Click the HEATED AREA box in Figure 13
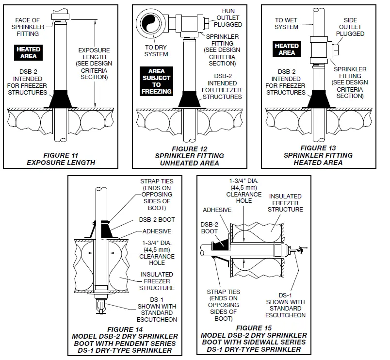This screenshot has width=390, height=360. point(287,49)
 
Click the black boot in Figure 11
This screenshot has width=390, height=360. point(60,98)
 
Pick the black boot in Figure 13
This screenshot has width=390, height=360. point(318,98)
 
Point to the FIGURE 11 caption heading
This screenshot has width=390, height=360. point(62,156)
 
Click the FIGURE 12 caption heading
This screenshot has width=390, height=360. point(190,148)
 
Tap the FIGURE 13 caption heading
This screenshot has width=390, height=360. point(320,147)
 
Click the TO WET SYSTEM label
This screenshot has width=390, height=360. point(287,24)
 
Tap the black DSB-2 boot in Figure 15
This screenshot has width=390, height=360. point(220,240)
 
